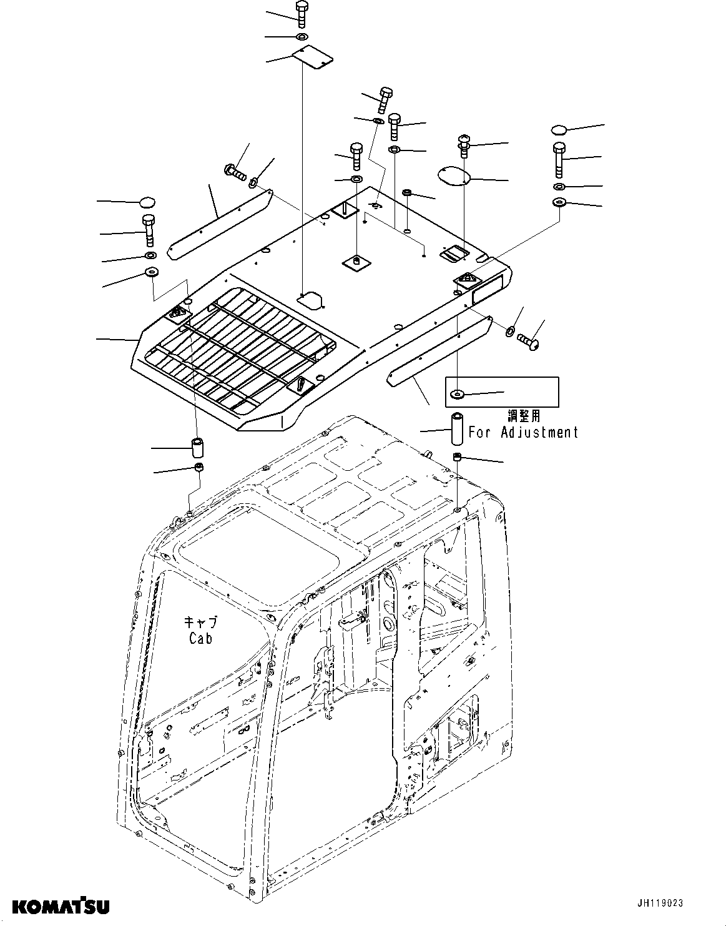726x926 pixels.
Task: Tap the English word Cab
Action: tap(200, 638)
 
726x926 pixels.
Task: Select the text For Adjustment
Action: tap(523, 432)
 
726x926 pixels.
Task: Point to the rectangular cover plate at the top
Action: tap(313, 59)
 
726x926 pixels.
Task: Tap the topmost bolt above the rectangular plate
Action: tap(302, 13)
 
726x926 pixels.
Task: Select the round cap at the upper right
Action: tap(559, 129)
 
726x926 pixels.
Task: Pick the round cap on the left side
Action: tap(147, 202)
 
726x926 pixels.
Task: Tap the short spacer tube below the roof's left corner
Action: tap(198, 448)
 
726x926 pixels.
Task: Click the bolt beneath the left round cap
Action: tap(149, 230)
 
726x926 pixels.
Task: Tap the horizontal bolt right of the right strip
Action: tap(529, 340)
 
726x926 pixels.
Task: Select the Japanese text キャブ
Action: tap(200, 621)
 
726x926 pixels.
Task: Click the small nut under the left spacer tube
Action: tap(199, 468)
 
